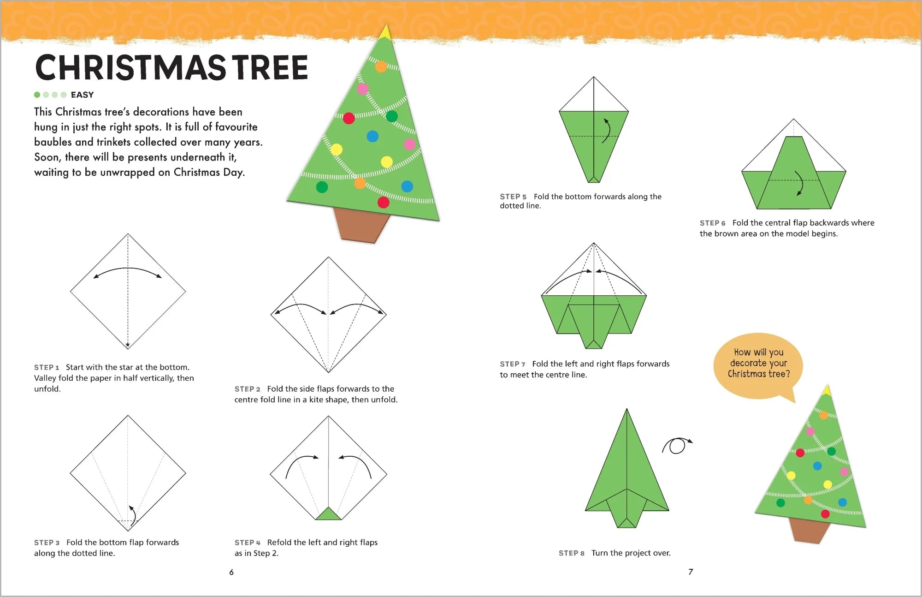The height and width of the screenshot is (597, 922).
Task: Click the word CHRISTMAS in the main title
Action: point(130,68)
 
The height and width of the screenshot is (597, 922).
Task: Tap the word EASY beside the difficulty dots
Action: point(82,95)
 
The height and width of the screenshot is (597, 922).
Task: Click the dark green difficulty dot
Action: point(37,95)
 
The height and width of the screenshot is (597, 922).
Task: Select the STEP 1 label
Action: point(47,367)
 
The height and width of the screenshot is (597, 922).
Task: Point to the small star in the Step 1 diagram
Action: point(128,345)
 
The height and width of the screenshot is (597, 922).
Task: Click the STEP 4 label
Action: point(248,543)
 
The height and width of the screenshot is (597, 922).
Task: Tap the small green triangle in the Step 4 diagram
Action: point(328,513)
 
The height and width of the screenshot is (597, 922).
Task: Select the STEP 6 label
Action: point(713,223)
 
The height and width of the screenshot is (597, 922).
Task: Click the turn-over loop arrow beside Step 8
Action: point(676,445)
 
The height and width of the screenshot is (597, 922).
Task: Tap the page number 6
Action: point(231,572)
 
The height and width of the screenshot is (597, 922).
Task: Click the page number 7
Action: point(691,572)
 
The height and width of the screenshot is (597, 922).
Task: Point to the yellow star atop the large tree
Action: point(385,32)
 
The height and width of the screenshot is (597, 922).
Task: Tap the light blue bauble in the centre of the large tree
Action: point(372,136)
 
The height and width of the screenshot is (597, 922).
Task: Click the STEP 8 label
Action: point(572,553)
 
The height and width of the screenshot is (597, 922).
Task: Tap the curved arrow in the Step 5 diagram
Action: point(607,130)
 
